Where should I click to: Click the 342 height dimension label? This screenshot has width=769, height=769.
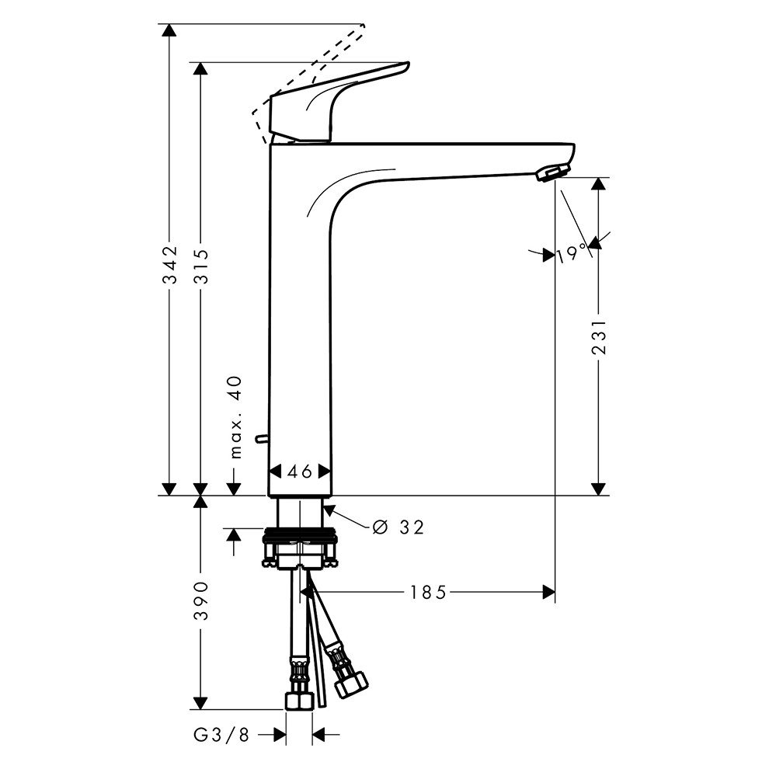(x=169, y=265)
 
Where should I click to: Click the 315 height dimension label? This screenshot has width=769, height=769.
(x=200, y=266)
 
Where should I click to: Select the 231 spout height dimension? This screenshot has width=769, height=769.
(x=599, y=337)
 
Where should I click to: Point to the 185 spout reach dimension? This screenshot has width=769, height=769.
(x=428, y=593)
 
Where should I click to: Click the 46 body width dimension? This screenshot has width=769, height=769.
(x=300, y=471)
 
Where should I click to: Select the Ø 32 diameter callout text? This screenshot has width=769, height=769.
(x=398, y=527)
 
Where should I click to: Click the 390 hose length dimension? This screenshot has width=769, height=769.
(x=201, y=600)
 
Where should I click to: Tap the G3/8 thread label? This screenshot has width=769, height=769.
(x=221, y=735)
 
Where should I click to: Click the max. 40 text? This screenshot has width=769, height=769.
(x=236, y=417)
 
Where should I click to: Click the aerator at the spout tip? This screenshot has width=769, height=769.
(x=553, y=173)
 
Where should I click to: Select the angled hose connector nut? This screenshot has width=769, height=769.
(x=350, y=684)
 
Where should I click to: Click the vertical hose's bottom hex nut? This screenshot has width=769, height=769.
(x=299, y=700)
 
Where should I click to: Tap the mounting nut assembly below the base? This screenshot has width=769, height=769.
(x=300, y=548)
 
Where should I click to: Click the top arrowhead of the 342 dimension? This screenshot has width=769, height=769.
(x=169, y=30)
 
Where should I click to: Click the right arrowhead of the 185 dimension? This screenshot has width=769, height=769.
(x=549, y=592)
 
